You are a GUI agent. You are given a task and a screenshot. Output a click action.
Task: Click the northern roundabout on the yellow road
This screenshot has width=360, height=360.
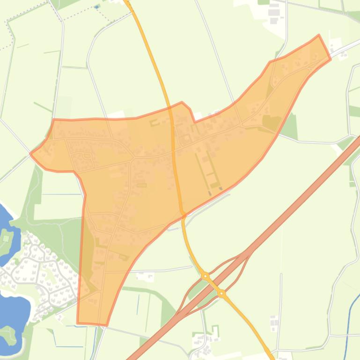[x=205, y=276]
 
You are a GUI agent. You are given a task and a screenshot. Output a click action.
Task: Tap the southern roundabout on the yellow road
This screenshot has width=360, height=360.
[x=221, y=294]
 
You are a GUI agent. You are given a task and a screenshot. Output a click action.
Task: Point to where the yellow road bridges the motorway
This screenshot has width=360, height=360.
[x=213, y=285]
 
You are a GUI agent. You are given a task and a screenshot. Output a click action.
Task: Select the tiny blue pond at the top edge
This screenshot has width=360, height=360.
[x=97, y=7]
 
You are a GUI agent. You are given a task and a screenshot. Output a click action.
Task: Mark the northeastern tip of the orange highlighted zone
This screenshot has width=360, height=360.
[x=319, y=36]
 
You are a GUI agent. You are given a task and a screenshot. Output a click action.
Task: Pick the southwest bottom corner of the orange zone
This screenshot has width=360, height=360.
[x=78, y=322]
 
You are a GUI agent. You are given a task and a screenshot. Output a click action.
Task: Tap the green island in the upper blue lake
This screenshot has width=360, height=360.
[x=6, y=238]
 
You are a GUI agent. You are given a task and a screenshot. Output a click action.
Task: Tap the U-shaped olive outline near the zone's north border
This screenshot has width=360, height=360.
[x=154, y=123]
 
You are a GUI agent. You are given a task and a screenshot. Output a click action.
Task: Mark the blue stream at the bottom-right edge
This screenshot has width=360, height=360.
[x=349, y=323]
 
